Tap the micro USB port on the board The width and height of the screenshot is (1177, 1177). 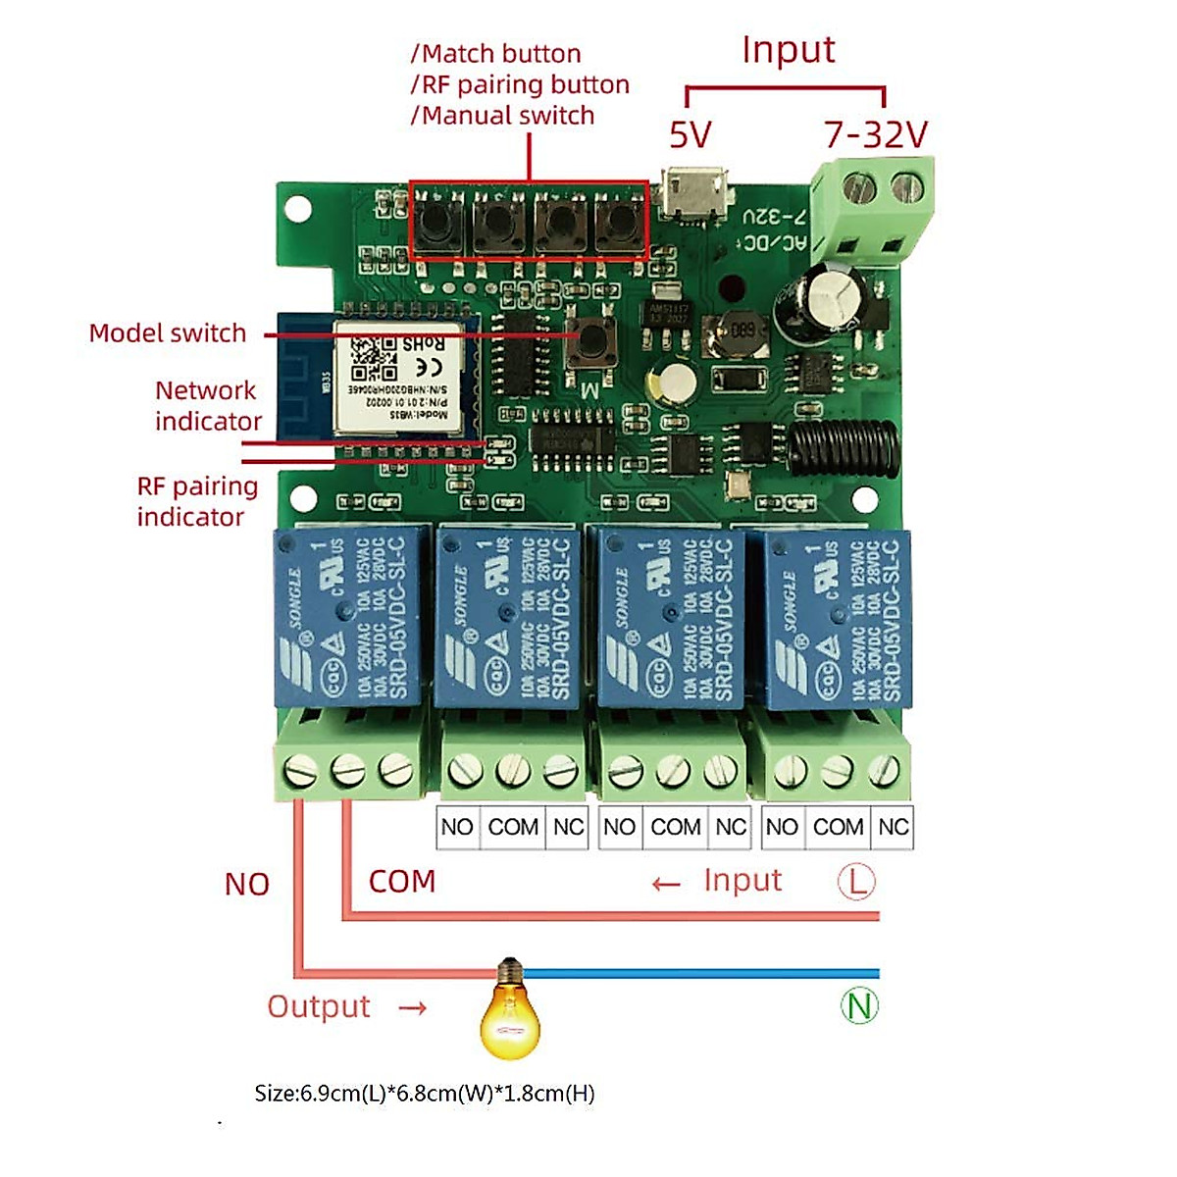click(695, 193)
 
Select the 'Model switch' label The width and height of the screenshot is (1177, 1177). click(168, 333)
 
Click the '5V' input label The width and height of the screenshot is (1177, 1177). click(690, 134)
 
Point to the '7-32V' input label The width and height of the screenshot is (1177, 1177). click(875, 134)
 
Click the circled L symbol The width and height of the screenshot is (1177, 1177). click(856, 881)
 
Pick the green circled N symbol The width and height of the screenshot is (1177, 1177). click(859, 1005)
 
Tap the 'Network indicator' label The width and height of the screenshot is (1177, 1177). click(208, 405)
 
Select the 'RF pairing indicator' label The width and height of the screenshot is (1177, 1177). click(196, 501)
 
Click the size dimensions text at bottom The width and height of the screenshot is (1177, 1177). click(425, 1093)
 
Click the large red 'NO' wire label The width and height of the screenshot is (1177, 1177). click(246, 885)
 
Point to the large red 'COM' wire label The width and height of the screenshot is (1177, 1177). click(402, 882)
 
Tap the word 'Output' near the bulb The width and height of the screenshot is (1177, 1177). click(319, 1006)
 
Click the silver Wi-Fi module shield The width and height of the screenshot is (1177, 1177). click(397, 377)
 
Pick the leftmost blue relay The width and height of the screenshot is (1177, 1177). click(350, 615)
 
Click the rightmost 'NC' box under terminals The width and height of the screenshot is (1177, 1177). click(893, 827)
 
